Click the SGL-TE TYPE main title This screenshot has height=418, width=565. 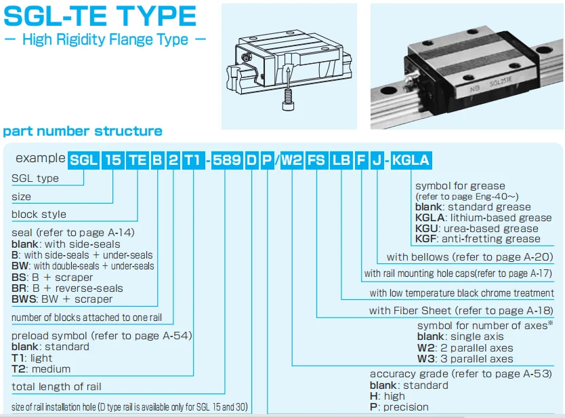100,16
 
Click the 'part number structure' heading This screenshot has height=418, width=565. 83,131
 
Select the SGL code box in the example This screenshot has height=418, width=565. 83,160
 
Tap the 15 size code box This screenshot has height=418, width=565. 113,160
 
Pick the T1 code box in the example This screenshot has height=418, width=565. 192,160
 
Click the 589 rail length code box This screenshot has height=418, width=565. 226,160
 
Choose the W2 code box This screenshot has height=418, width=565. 291,160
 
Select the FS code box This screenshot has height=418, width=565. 316,160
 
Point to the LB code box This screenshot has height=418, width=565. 341,160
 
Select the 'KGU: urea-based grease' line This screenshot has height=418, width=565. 477,229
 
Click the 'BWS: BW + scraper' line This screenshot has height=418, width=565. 62,299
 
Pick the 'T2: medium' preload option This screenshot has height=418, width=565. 41,369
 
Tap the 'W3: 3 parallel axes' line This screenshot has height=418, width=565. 465,358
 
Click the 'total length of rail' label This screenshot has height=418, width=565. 57,387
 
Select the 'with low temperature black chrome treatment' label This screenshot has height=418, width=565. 461,293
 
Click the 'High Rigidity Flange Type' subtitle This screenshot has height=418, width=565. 105,39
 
